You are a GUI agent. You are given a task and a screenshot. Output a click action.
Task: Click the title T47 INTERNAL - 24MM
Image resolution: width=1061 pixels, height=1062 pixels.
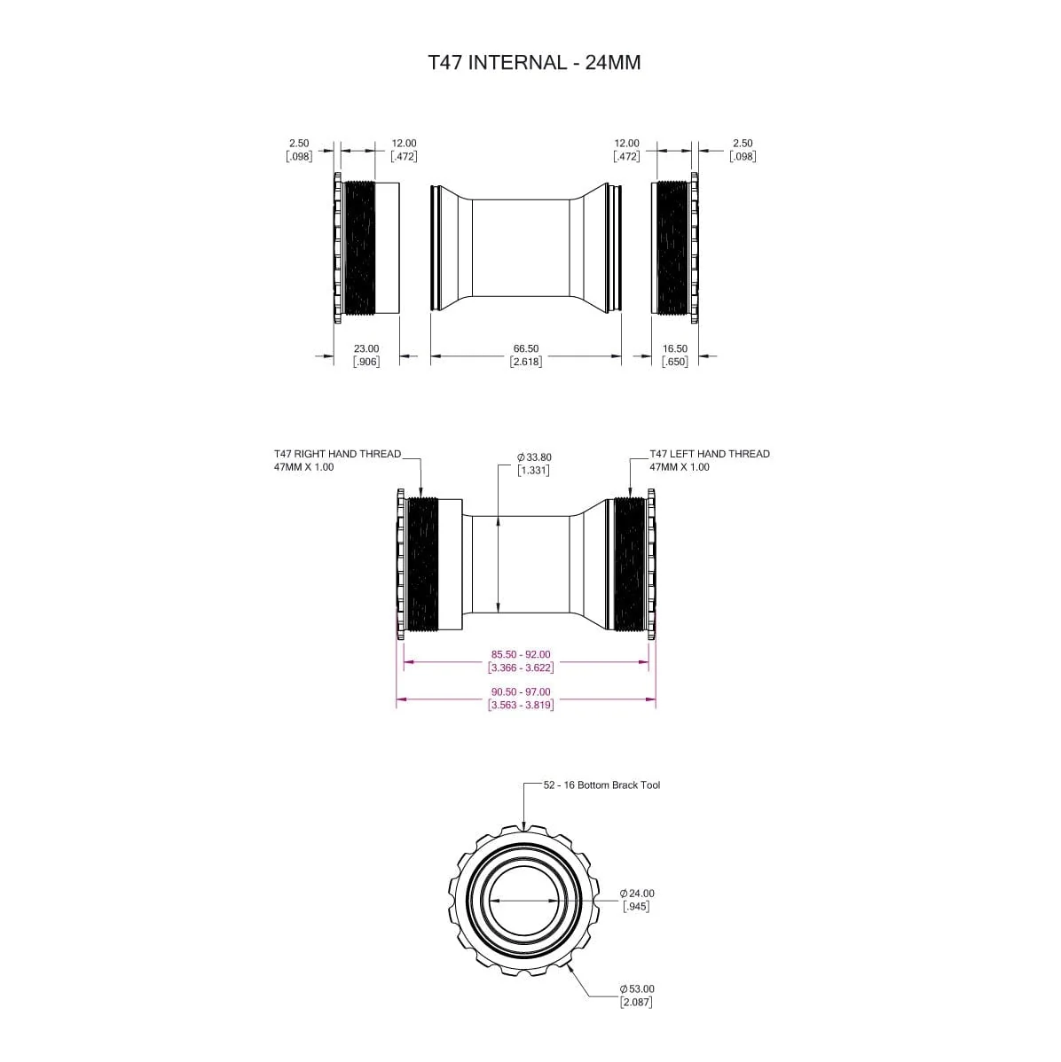[x=533, y=63]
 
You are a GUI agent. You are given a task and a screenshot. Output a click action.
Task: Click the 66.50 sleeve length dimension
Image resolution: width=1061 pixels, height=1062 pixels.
[x=525, y=349]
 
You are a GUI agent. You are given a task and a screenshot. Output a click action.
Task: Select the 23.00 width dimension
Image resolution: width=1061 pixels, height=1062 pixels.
[x=365, y=349]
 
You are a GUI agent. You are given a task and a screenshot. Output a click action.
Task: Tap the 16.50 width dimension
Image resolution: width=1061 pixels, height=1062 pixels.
[x=674, y=349]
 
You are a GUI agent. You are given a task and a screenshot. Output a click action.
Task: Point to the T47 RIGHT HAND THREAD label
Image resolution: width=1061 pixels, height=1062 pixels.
[x=337, y=454]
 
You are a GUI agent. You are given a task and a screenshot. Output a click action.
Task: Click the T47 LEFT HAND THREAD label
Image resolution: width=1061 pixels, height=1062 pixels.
[x=709, y=454]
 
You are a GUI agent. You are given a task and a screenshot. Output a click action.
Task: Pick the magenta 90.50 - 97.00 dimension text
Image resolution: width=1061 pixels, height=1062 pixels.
[x=521, y=692]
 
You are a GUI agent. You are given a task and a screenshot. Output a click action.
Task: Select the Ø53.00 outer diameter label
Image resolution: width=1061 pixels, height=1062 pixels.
[x=637, y=988]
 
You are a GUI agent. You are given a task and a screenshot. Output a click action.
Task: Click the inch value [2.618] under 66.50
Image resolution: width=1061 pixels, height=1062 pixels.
[x=525, y=362]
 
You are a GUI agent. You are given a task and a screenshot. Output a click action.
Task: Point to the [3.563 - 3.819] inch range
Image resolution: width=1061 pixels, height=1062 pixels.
[x=521, y=705]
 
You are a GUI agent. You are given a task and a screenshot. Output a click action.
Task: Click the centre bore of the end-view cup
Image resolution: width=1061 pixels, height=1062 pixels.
[x=524, y=899]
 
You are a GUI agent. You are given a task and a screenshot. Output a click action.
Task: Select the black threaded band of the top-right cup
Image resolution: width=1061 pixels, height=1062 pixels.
[x=673, y=247]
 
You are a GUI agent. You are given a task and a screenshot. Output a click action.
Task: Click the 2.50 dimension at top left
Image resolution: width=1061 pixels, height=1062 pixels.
[x=299, y=144]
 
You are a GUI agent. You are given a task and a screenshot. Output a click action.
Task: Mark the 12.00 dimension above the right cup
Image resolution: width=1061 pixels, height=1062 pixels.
[x=626, y=144]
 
